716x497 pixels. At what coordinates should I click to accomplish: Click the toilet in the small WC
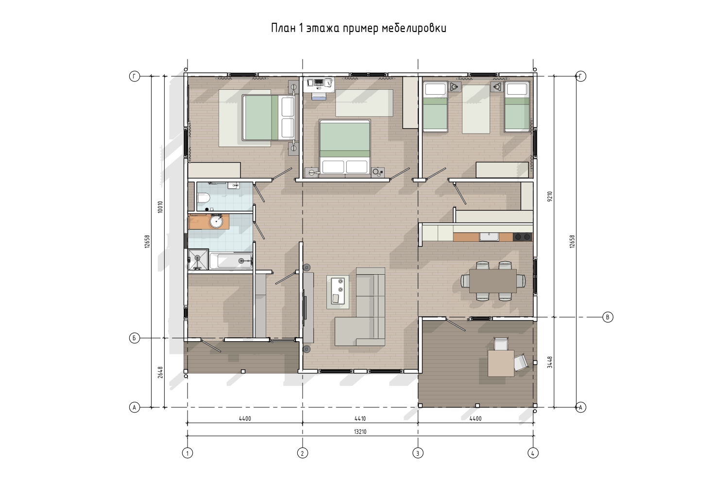point(204,199)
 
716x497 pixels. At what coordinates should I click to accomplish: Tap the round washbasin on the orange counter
point(216,221)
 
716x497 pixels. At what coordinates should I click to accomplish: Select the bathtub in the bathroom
point(231,261)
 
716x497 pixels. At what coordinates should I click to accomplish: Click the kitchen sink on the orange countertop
point(489,237)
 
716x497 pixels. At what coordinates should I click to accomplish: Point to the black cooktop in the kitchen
point(523,237)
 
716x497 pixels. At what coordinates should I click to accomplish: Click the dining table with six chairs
point(493,281)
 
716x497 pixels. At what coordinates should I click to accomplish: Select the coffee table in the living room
point(338,292)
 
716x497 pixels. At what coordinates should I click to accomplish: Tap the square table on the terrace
point(501,363)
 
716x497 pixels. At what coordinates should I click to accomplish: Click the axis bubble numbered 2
point(303,453)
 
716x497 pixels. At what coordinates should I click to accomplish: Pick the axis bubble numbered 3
point(418,453)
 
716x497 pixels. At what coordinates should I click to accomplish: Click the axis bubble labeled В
point(608,317)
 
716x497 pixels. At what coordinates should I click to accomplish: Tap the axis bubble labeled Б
point(135,338)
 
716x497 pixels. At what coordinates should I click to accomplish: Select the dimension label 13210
point(360,432)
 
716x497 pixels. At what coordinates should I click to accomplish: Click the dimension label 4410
point(360,418)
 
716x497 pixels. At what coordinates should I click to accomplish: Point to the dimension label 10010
point(160,207)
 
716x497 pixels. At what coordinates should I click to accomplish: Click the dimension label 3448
point(550,362)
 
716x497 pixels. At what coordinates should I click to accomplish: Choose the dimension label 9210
point(550,197)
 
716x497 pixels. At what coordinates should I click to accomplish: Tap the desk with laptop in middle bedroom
point(319,84)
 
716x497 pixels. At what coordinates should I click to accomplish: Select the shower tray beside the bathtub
point(198,259)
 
